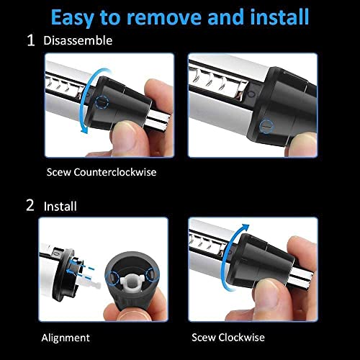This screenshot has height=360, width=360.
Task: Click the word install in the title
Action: click(x=274, y=16)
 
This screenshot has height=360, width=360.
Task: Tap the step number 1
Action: click(x=30, y=40)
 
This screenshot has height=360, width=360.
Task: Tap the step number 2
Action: click(x=30, y=205)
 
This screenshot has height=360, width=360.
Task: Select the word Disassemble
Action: click(x=78, y=41)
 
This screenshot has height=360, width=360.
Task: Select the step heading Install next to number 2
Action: click(x=60, y=206)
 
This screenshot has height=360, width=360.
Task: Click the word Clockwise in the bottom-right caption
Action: click(x=242, y=337)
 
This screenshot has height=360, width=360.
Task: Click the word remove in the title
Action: click(x=173, y=16)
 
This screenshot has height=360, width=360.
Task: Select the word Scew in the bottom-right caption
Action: click(x=204, y=337)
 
